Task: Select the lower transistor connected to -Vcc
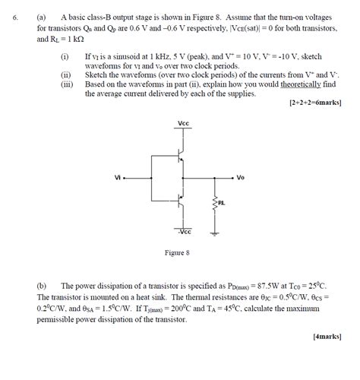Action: pyautogui.click(x=180, y=201)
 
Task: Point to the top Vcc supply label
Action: pyautogui.click(x=183, y=123)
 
